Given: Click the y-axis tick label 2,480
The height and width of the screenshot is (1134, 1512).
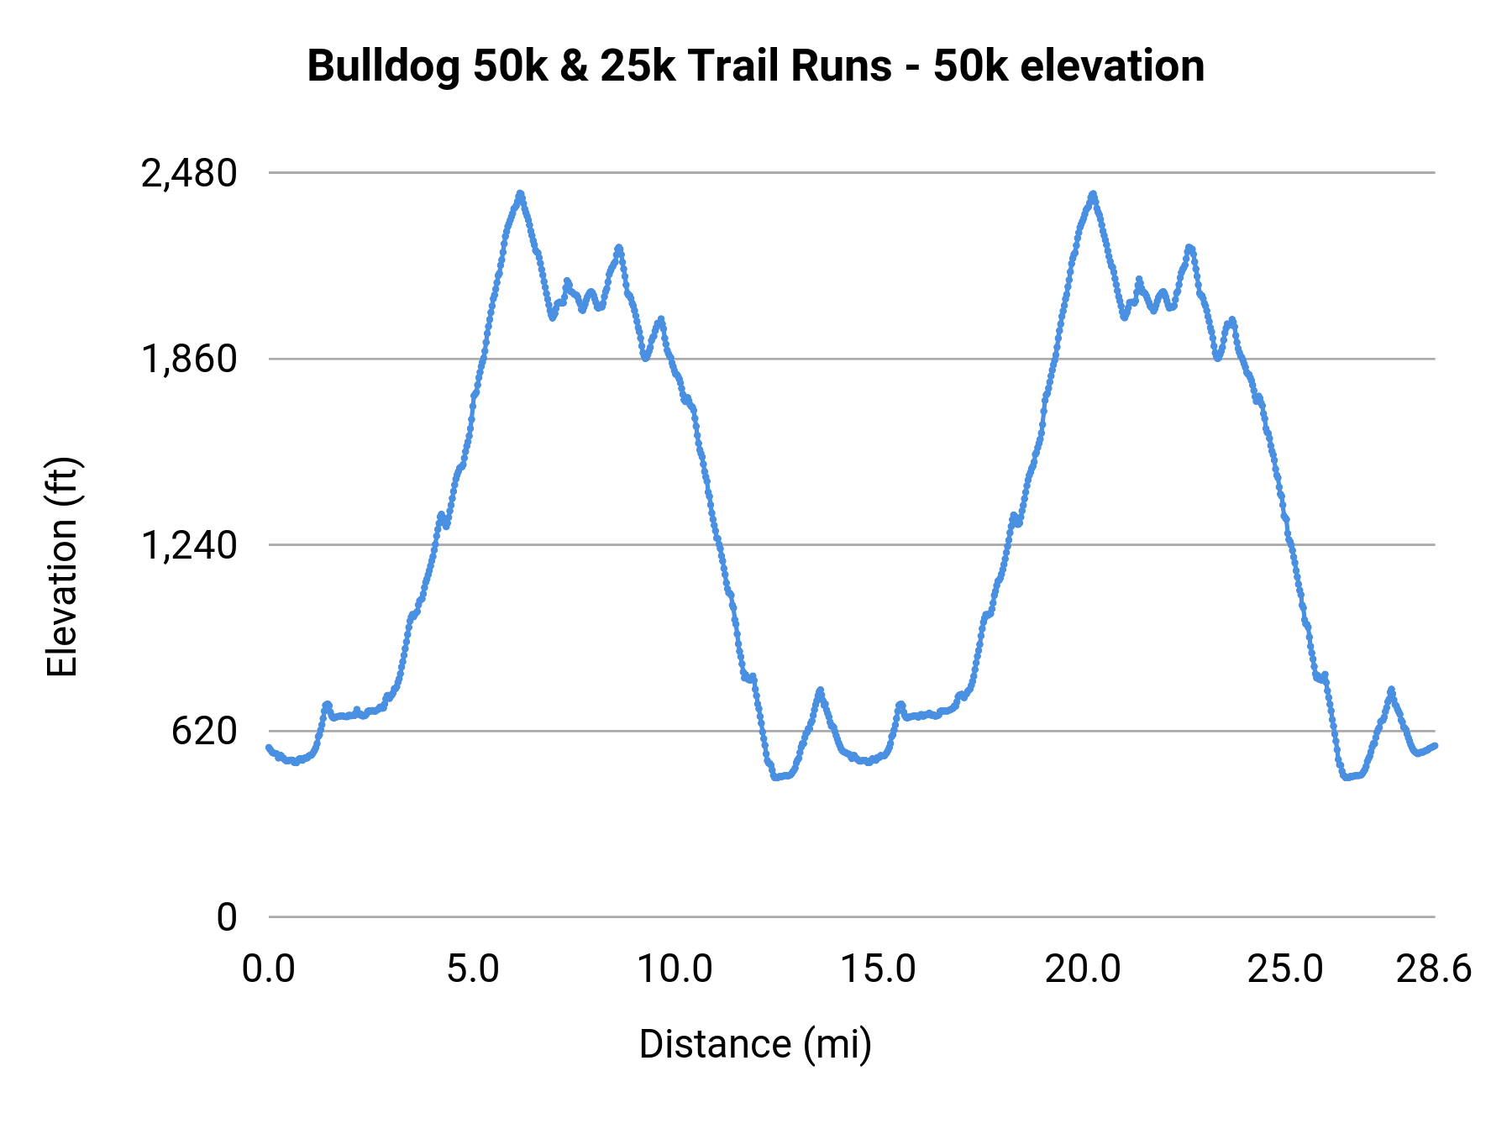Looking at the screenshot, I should pyautogui.click(x=189, y=174).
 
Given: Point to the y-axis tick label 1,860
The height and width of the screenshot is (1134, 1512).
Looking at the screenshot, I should pyautogui.click(x=189, y=360).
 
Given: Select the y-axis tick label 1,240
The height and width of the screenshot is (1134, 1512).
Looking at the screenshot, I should pyautogui.click(x=189, y=546).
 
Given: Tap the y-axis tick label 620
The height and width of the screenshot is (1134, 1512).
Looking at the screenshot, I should pyautogui.click(x=204, y=732).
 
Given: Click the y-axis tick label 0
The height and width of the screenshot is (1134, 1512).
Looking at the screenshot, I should pyautogui.click(x=226, y=917).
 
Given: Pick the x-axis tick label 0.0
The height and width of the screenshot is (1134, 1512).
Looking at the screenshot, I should pyautogui.click(x=269, y=969).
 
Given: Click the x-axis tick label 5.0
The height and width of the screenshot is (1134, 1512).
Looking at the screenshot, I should pyautogui.click(x=473, y=969).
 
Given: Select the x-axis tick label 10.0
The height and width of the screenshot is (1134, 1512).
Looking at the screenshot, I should pyautogui.click(x=675, y=969).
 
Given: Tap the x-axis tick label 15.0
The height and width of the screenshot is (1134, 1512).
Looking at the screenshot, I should pyautogui.click(x=878, y=969).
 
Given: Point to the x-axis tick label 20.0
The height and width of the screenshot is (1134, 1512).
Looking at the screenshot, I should pyautogui.click(x=1082, y=969).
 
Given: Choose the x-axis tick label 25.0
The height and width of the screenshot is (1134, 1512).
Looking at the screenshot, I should pyautogui.click(x=1285, y=969).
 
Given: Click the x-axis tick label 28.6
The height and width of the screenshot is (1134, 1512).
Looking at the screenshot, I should pyautogui.click(x=1433, y=969).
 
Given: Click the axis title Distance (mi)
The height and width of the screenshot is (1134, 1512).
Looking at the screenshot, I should pyautogui.click(x=755, y=1044).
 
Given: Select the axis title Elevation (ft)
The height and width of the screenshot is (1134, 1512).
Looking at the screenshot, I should pyautogui.click(x=62, y=567).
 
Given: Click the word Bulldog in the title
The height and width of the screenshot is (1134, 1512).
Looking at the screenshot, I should pyautogui.click(x=384, y=66).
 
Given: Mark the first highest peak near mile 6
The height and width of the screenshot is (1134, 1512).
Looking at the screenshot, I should pyautogui.click(x=520, y=194).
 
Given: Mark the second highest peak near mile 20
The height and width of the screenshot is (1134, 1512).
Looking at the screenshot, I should pyautogui.click(x=1093, y=194).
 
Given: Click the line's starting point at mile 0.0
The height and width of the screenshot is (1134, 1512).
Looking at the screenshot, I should pyautogui.click(x=269, y=747).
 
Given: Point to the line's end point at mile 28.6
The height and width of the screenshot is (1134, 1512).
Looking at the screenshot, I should pyautogui.click(x=1435, y=745).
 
